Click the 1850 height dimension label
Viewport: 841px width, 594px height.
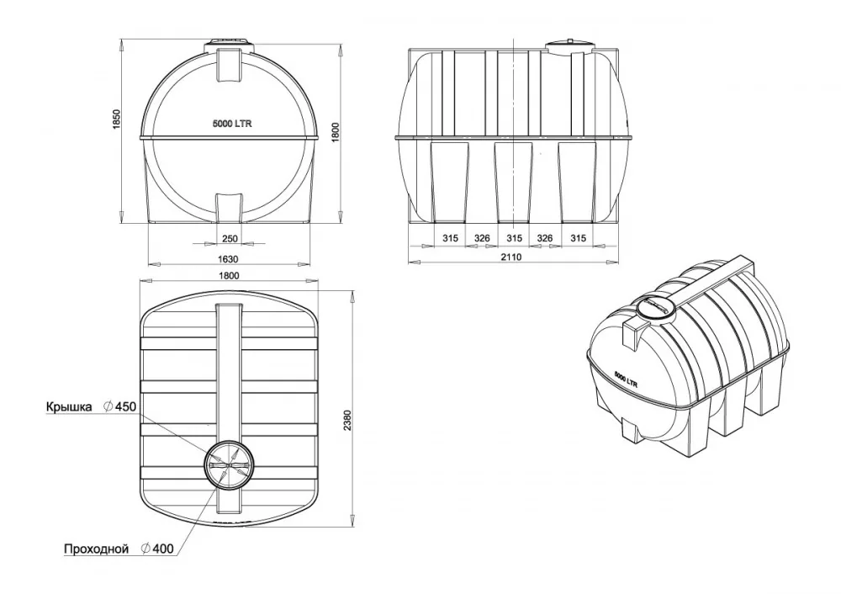116,120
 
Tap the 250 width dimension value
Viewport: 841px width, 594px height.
229,239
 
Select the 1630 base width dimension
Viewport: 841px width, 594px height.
229,259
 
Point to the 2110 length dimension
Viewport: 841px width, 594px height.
511,257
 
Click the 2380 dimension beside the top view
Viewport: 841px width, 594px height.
347,421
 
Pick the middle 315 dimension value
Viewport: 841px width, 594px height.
514,238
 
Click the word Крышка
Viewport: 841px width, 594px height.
69,406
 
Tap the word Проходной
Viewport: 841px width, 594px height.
97,549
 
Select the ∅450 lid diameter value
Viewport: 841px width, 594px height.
119,406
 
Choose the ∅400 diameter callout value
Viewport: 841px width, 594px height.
157,549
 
